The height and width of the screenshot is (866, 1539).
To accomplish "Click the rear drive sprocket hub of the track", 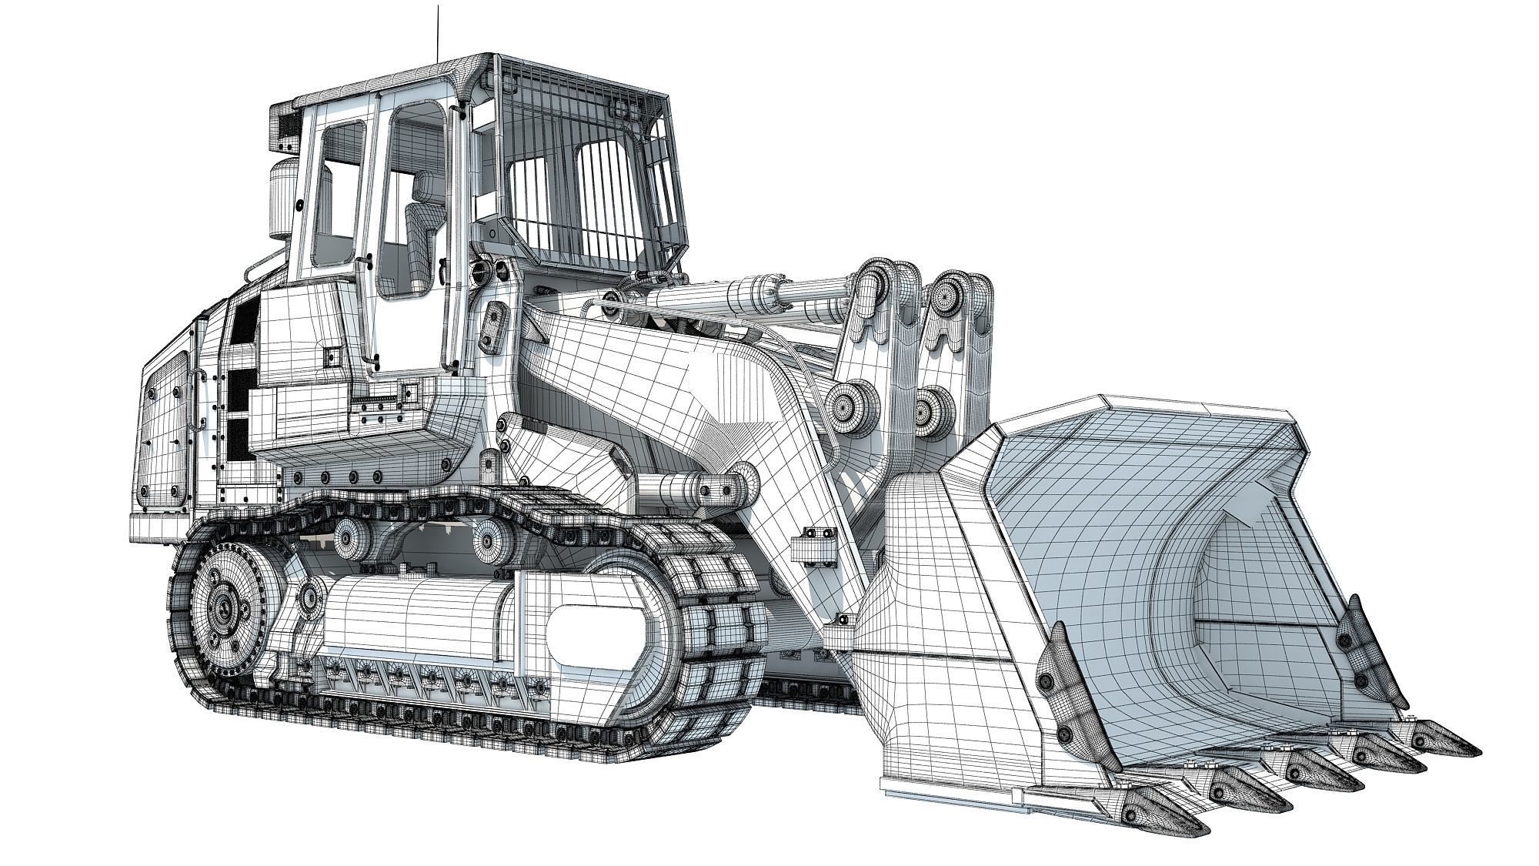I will click(x=225, y=609).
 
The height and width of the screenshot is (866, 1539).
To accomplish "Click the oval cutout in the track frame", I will click(x=600, y=636).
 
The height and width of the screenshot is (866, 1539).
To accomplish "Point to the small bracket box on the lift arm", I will click(x=813, y=547).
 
